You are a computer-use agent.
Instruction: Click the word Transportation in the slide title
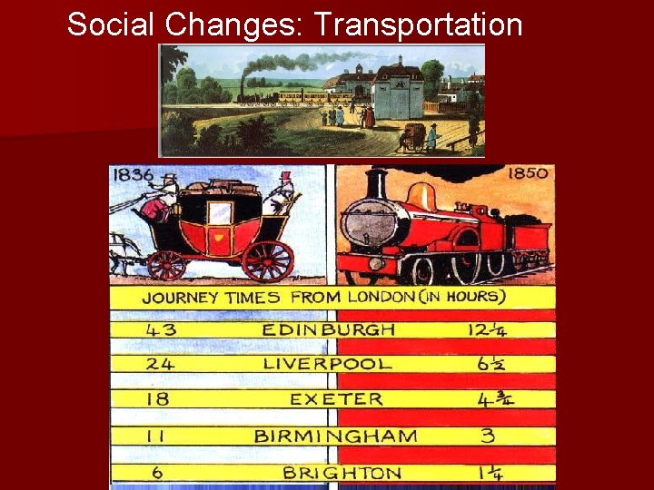419,24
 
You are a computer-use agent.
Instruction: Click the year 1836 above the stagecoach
133,174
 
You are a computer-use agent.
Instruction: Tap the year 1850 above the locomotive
528,173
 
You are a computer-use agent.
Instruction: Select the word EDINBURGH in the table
328,329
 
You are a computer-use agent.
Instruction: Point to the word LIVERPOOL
328,364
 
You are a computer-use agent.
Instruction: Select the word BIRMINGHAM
335,436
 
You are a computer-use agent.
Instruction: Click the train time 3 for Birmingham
487,436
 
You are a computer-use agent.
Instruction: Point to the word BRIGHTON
342,473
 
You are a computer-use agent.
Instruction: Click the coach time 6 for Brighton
156,472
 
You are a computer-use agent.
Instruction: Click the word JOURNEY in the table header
180,298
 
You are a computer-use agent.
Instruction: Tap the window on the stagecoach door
220,213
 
